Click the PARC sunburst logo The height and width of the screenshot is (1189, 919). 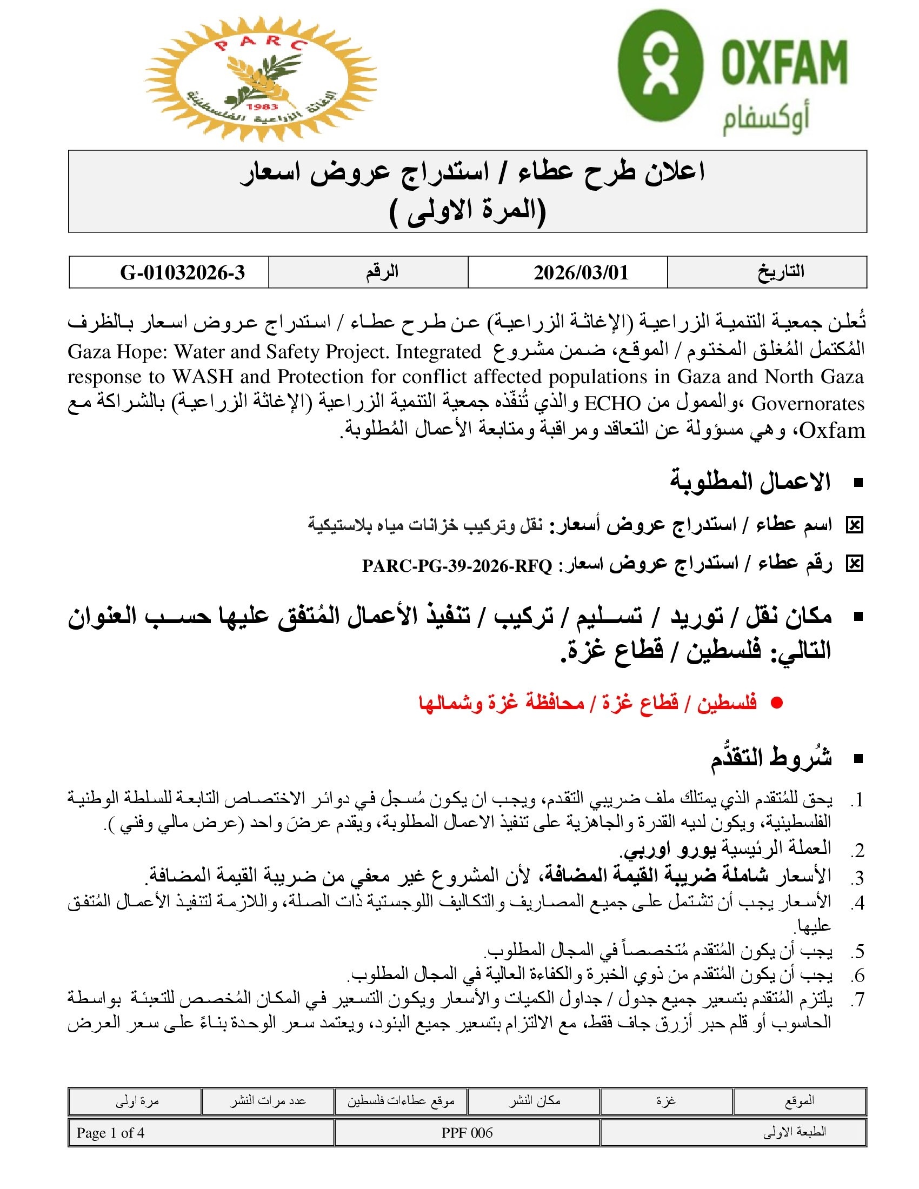click(260, 79)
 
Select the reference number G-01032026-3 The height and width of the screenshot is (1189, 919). click(182, 272)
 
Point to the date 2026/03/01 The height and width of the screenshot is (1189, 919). click(581, 272)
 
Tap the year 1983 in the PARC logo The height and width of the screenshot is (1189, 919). click(262, 107)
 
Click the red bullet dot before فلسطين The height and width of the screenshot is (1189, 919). click(777, 703)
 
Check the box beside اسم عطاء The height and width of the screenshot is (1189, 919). click(854, 525)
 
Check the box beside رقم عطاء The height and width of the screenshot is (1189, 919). click(854, 565)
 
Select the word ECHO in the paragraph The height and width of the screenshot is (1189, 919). click(612, 404)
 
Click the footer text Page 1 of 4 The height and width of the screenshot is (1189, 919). click(110, 1133)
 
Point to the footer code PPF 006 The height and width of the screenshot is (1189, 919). click(467, 1133)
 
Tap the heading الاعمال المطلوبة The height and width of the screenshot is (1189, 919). click(750, 482)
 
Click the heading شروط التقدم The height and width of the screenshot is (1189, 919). click(771, 758)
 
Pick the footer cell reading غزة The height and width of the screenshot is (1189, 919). click(667, 1101)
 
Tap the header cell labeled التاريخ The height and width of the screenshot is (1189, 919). click(781, 272)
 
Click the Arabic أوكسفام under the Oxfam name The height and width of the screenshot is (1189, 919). click(765, 121)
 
